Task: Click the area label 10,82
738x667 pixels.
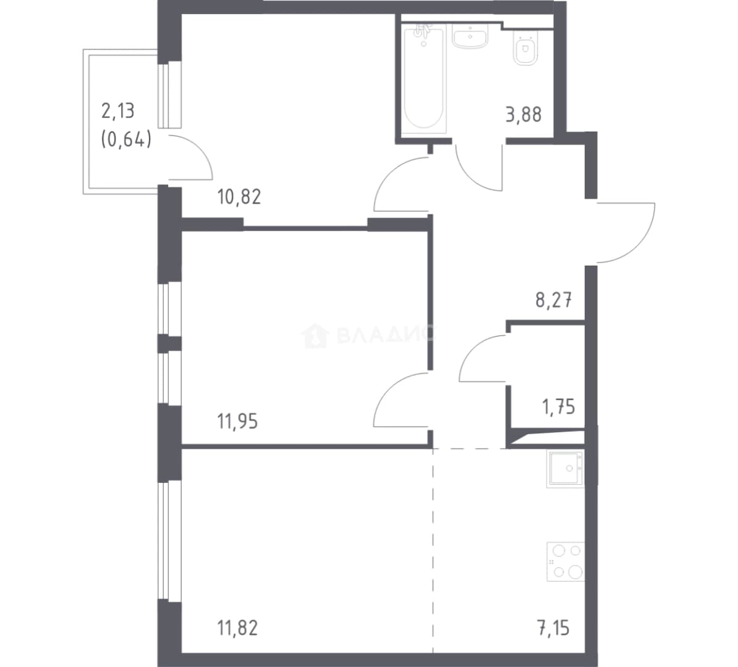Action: [239, 196]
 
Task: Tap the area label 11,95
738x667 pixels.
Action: [238, 421]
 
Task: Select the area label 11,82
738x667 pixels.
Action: [238, 627]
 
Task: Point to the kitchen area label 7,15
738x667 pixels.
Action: [554, 627]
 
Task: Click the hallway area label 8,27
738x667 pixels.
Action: [554, 300]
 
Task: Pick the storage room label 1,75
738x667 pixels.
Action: [559, 407]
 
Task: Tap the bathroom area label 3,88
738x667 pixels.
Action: [524, 114]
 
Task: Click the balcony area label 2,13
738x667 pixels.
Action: [118, 111]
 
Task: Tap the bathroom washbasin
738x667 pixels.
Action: [470, 36]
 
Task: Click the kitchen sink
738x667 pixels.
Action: [566, 469]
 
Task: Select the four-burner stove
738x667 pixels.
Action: [566, 561]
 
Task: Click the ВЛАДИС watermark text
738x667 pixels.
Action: [386, 335]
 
